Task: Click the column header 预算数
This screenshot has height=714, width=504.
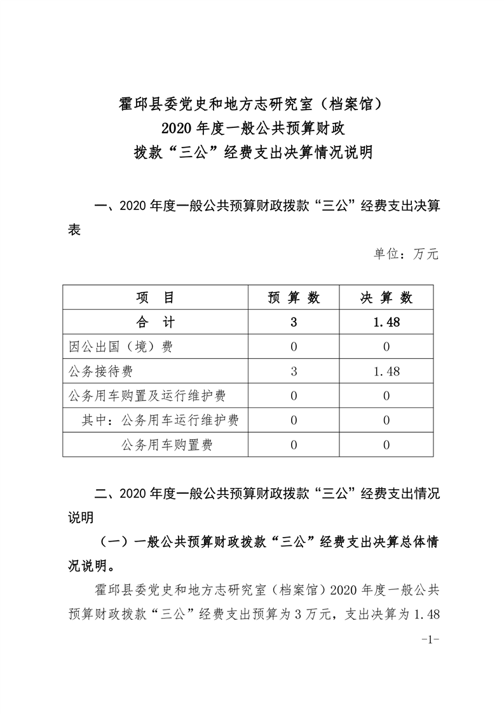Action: (x=293, y=298)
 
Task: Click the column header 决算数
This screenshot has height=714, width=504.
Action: (x=386, y=298)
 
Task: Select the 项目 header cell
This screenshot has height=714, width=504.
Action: (x=154, y=298)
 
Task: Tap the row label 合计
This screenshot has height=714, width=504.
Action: (x=154, y=322)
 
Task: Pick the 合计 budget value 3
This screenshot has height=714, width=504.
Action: (x=293, y=322)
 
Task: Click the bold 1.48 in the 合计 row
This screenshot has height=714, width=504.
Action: (x=386, y=322)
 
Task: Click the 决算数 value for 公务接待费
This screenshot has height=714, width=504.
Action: (x=386, y=371)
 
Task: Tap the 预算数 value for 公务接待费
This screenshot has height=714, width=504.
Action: (x=293, y=371)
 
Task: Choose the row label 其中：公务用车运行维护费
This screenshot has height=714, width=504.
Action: (x=160, y=420)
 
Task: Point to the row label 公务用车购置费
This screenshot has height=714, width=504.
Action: (x=167, y=445)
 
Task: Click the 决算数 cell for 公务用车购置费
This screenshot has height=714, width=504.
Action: (x=386, y=445)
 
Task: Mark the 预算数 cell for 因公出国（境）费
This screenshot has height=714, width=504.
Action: (x=293, y=347)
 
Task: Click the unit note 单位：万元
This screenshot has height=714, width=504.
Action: (x=405, y=254)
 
